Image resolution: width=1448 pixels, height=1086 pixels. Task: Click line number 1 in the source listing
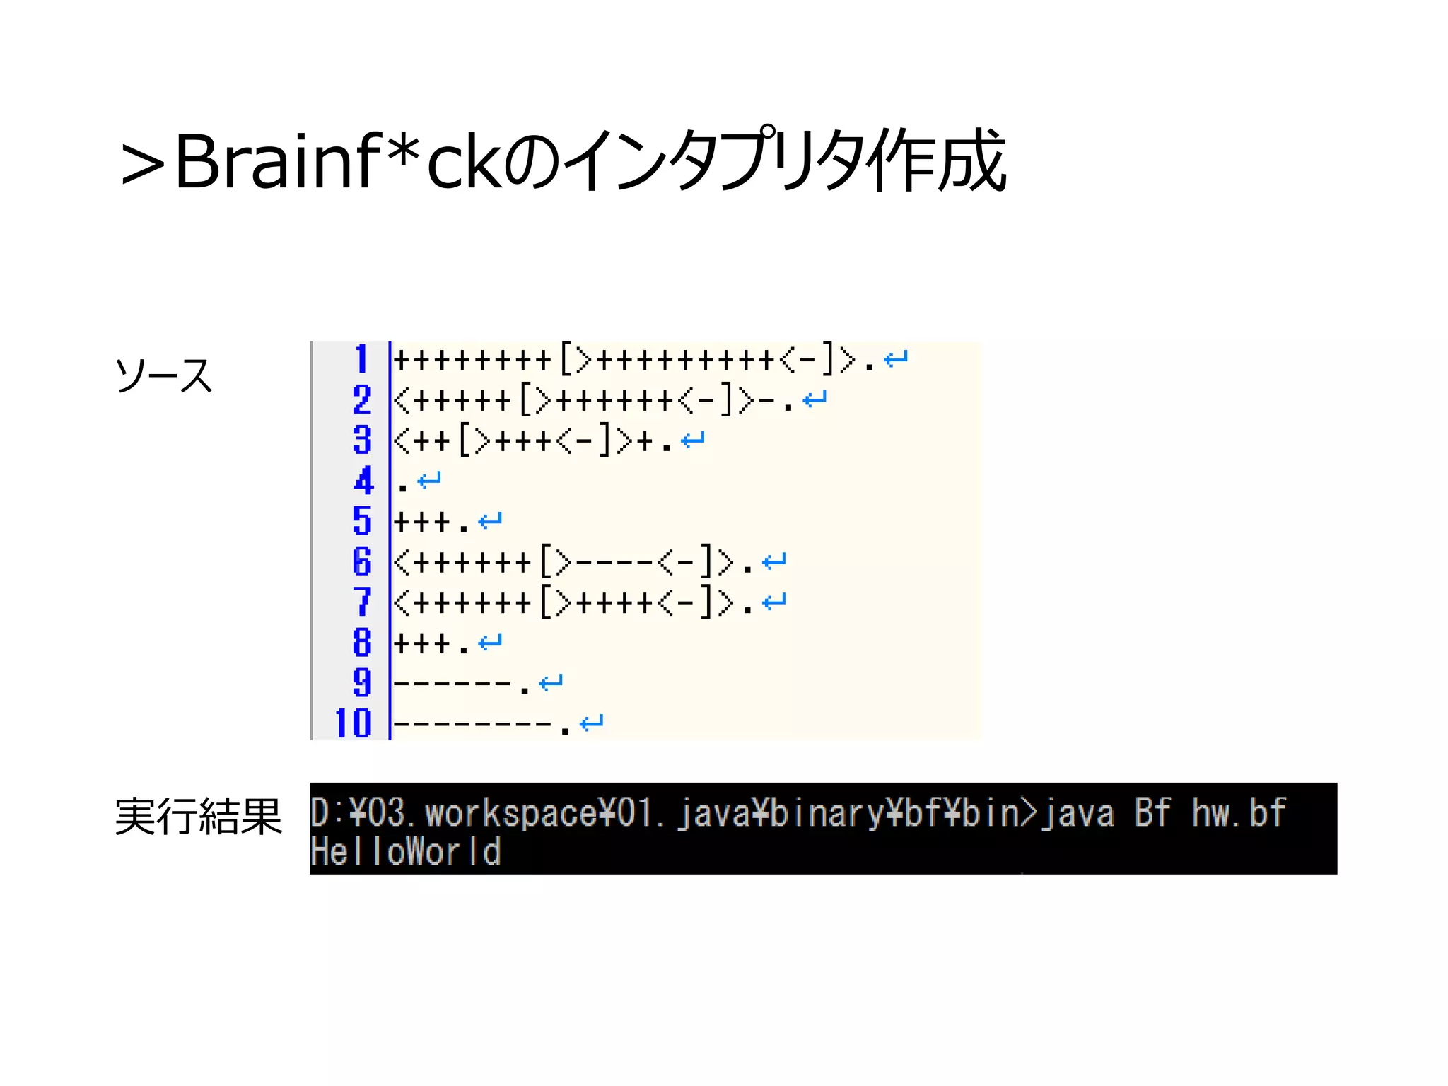pyautogui.click(x=361, y=359)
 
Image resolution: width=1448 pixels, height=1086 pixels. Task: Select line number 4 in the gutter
pyautogui.click(x=363, y=481)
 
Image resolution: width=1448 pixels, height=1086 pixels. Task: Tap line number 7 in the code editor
pyautogui.click(x=362, y=602)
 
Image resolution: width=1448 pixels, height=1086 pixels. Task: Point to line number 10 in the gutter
pyautogui.click(x=353, y=723)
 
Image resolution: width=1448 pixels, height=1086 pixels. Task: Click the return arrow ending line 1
pyautogui.click(x=896, y=359)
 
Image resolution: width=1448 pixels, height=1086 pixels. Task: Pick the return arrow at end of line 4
pyautogui.click(x=429, y=481)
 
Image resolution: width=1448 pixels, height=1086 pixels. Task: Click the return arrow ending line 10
pyautogui.click(x=591, y=723)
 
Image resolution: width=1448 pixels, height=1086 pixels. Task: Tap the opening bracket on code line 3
pyautogui.click(x=465, y=441)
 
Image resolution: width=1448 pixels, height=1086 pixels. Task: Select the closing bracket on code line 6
pyautogui.click(x=706, y=562)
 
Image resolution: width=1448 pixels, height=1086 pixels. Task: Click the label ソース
pyautogui.click(x=163, y=375)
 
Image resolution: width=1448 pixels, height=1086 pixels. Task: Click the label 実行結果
pyautogui.click(x=198, y=817)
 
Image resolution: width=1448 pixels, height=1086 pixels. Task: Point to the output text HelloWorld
pyautogui.click(x=406, y=851)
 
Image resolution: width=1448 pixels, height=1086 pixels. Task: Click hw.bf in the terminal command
pyautogui.click(x=1238, y=813)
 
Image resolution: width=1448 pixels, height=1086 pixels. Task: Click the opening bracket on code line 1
pyautogui.click(x=566, y=360)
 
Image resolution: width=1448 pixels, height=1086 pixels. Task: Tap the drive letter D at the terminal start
pyautogui.click(x=320, y=813)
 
